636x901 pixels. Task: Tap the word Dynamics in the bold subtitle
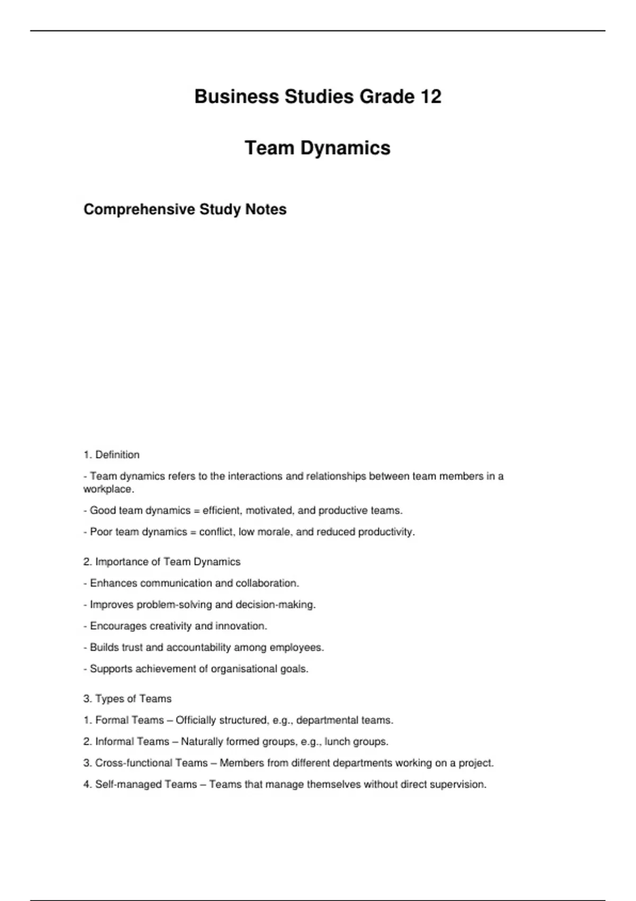click(x=346, y=148)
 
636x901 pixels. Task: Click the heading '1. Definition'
click(x=111, y=455)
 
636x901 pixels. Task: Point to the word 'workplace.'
click(x=109, y=489)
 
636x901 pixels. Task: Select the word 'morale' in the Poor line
click(x=275, y=532)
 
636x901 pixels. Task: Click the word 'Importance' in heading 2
click(x=126, y=562)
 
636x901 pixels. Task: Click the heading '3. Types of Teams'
click(x=127, y=699)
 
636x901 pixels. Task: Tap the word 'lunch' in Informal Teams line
click(x=338, y=741)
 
